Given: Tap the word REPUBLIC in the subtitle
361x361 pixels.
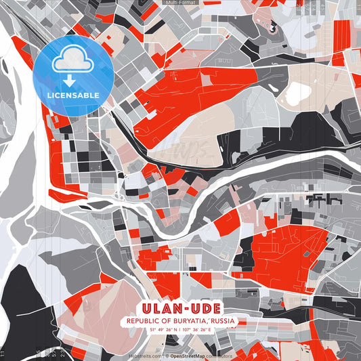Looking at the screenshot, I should pyautogui.click(x=144, y=320).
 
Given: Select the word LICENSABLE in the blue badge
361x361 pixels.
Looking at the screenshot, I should pyautogui.click(x=73, y=95).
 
